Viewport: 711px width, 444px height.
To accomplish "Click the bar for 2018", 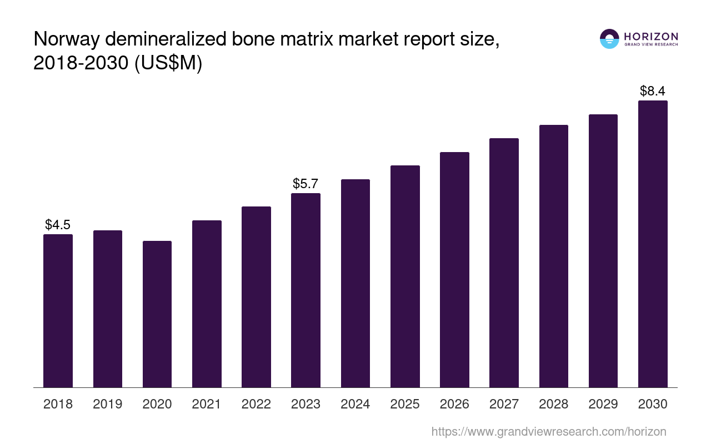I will coord(58,311).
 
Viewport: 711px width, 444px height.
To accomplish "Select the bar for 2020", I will coord(157,314).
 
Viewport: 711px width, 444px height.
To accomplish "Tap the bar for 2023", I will coord(306,290).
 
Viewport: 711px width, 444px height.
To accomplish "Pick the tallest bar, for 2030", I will coord(653,244).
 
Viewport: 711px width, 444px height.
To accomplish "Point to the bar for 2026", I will coord(454,270).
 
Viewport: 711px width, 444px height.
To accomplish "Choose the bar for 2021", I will coord(207,304).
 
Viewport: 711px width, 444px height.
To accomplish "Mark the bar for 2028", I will coord(553,256).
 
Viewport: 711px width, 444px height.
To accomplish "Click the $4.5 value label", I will coord(58,225).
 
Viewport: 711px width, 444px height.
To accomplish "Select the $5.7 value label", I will coord(306,184).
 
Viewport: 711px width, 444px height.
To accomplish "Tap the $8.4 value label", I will coord(653,91).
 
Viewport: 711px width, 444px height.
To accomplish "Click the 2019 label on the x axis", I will coord(108,404).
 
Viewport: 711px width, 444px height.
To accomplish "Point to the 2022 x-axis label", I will coord(256,404).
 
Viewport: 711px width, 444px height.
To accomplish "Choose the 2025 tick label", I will coord(405,404).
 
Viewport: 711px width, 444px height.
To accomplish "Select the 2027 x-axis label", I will coord(504,404).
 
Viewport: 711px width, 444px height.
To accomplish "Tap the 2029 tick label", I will coord(603,404).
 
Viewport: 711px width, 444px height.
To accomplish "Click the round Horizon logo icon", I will coord(609,39).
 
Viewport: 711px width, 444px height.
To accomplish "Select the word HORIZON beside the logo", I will coord(651,36).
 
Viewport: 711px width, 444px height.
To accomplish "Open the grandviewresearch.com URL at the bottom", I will coord(549,431).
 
